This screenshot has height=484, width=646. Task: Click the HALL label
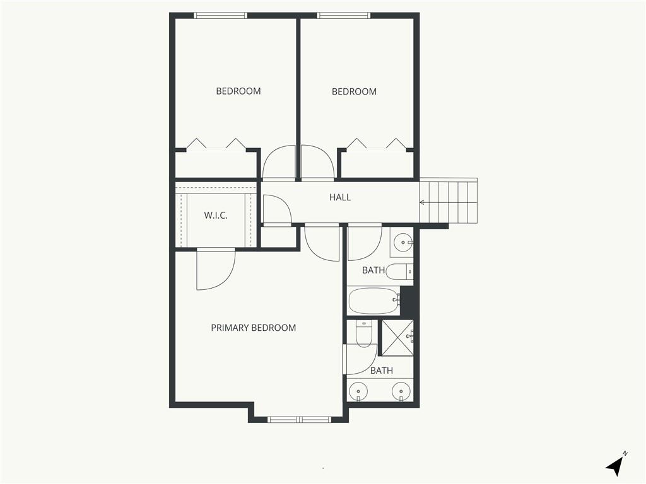click(340, 197)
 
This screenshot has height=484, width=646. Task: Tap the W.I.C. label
click(216, 216)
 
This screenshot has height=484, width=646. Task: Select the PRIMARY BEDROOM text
click(254, 328)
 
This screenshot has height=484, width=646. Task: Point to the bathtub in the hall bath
click(374, 301)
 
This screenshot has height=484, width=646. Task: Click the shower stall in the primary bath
click(397, 337)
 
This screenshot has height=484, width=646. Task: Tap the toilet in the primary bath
click(363, 333)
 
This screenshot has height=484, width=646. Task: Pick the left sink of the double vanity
click(358, 390)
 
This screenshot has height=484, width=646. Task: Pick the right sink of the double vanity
click(401, 390)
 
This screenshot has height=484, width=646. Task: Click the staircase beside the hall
click(449, 201)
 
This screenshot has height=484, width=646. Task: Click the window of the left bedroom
click(221, 16)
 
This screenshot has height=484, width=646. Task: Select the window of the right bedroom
click(344, 16)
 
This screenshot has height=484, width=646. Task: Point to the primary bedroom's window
click(299, 419)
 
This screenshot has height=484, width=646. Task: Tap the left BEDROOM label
click(238, 91)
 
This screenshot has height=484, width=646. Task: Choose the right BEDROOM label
click(355, 91)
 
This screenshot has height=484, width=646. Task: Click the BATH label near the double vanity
click(382, 371)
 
